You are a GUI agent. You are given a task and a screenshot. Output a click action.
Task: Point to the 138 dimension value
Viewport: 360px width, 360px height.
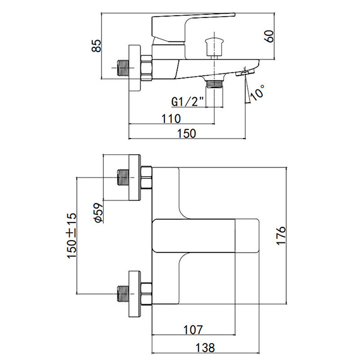tap(204, 347)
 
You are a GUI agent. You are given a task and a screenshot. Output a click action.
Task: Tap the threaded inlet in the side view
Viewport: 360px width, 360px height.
tap(123, 68)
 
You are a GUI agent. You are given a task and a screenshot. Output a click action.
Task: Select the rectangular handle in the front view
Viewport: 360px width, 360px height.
tap(207, 236)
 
